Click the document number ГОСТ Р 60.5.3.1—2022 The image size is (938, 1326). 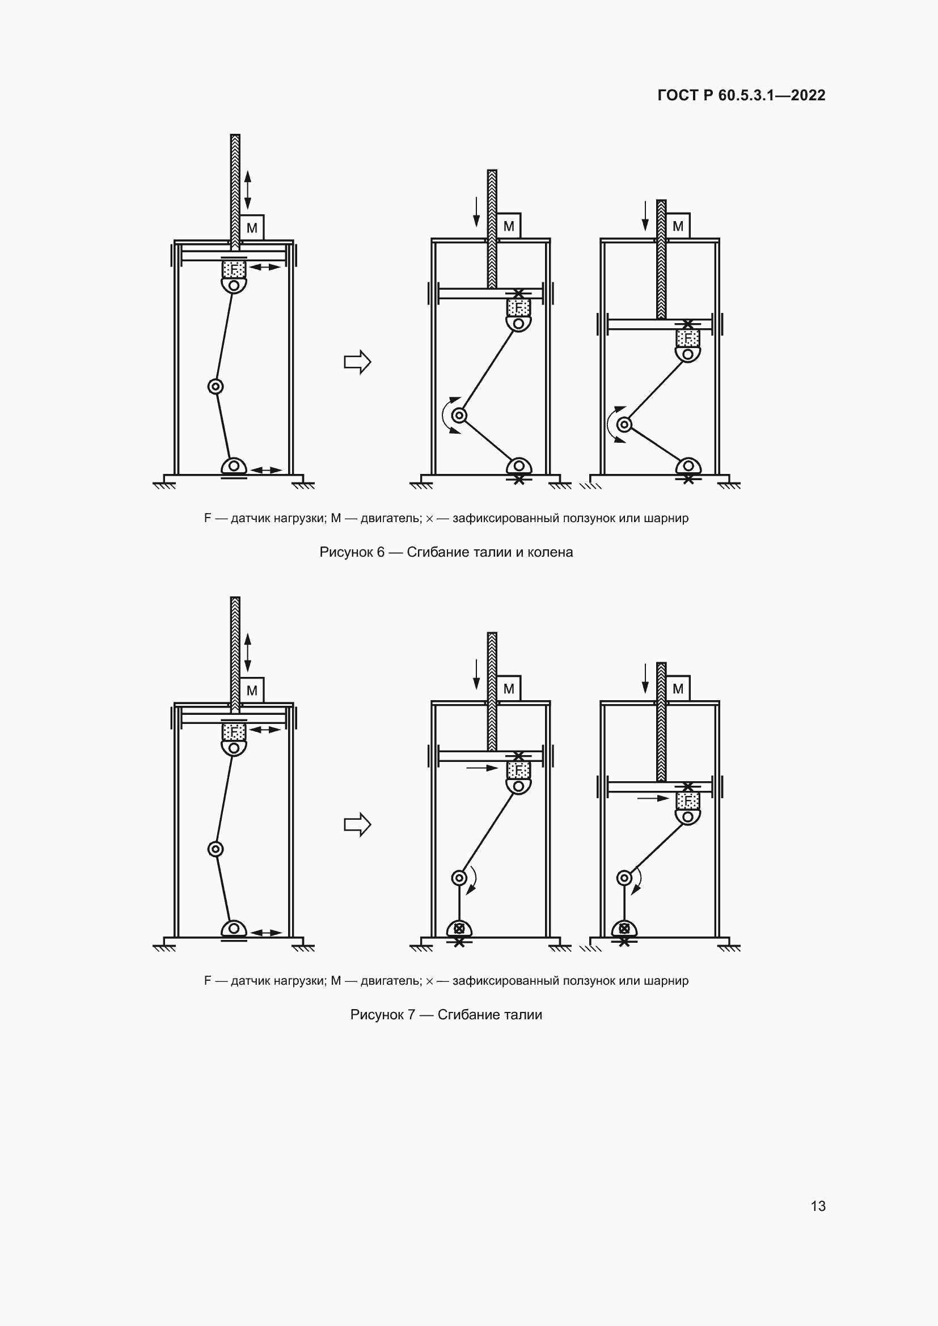point(741,95)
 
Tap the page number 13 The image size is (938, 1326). point(818,1206)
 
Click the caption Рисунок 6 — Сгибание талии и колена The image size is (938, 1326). point(446,552)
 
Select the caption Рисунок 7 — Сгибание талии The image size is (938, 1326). point(446,1015)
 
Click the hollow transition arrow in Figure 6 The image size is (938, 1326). point(357,362)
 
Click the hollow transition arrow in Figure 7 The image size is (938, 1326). point(357,824)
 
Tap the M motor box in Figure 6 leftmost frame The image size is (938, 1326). point(252,227)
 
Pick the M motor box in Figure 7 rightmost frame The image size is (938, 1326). point(678,688)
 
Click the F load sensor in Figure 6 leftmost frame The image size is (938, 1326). point(234,269)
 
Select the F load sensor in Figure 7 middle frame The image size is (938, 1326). point(518,770)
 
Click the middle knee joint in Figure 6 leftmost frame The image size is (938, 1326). point(216,387)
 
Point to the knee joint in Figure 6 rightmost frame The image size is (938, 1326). point(624,425)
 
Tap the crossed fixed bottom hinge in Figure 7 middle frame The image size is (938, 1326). point(459,929)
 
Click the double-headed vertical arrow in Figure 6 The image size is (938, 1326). point(248,190)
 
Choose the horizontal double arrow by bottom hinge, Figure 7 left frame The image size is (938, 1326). point(267,933)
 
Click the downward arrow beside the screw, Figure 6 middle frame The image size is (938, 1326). point(476,211)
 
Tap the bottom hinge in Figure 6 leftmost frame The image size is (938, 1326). point(234,465)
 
